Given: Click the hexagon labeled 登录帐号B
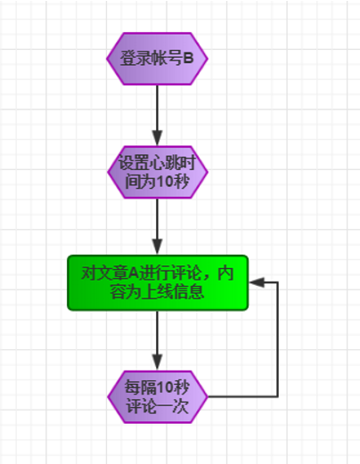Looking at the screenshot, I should (157, 60).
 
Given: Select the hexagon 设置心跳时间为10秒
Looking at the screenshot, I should (157, 172).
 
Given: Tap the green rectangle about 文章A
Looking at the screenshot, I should (158, 282).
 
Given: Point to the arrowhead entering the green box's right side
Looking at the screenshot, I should (257, 282).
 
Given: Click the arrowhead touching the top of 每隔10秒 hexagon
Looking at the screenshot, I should (157, 362).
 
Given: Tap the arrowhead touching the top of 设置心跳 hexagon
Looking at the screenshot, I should (157, 138).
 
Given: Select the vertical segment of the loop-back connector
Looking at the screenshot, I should (278, 338).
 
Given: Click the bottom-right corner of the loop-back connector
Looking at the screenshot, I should (278, 395).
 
